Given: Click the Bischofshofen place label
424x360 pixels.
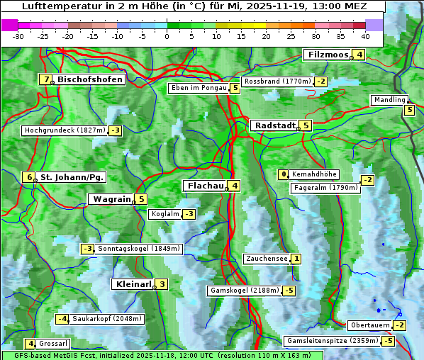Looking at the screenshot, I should (90, 80).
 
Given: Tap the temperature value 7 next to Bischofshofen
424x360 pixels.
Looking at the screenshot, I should (47, 80).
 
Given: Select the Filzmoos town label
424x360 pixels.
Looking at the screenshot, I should (328, 55).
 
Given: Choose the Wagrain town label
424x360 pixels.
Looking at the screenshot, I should (112, 200).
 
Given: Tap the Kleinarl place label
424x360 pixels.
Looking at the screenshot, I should (133, 284).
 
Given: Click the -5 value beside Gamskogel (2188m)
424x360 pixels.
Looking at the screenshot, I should (289, 291).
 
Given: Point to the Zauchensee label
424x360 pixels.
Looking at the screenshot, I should (266, 259).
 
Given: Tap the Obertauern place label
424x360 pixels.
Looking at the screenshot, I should (370, 325).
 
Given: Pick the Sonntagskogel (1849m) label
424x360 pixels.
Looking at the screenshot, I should (139, 249).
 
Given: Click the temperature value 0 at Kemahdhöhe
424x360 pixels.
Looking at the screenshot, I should (284, 174).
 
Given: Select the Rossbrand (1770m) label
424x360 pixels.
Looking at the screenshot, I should (277, 81).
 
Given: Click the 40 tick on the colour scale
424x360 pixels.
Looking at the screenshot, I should (365, 36).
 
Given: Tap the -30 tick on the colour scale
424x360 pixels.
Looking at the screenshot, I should (18, 36).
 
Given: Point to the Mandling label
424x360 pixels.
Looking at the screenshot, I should (389, 100).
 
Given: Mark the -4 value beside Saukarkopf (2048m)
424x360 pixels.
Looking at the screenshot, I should (62, 319).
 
